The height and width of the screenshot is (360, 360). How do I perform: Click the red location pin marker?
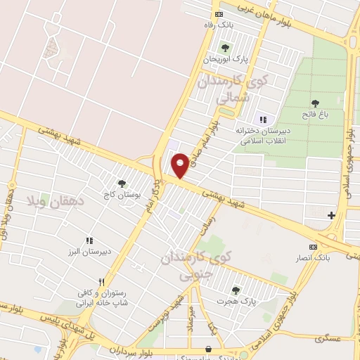(181, 165)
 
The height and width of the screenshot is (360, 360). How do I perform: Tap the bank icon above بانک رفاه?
(219, 14)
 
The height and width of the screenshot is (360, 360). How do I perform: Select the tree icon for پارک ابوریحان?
(225, 48)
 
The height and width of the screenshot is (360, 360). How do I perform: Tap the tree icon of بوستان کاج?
(122, 184)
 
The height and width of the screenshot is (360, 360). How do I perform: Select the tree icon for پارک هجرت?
(236, 289)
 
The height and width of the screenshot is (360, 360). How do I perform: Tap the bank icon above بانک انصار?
(313, 247)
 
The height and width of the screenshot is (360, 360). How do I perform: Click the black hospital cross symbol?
(331, 214)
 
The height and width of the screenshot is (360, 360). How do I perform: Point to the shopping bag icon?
(207, 349)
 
